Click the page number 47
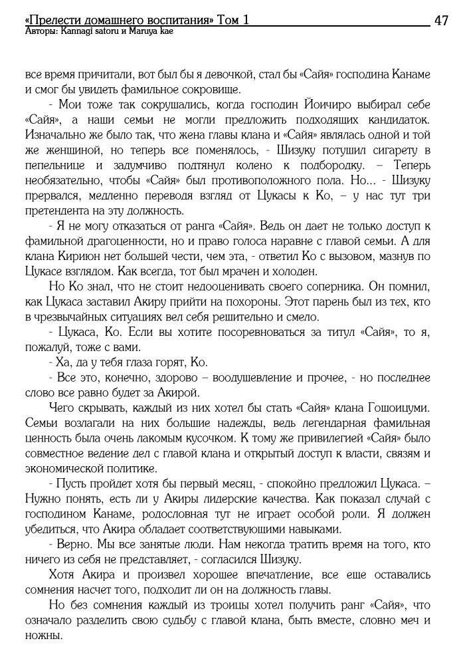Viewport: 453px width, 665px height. coord(441,21)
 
